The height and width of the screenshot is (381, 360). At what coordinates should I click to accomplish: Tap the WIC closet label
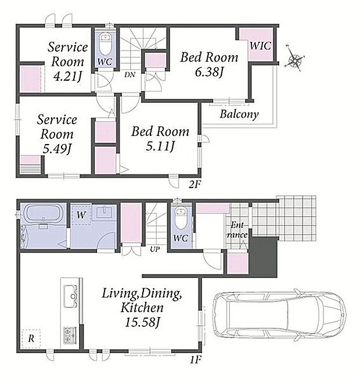(260, 46)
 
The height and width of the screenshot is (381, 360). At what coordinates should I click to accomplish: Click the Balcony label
(239, 114)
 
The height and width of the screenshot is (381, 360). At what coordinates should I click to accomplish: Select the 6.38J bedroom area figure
(209, 72)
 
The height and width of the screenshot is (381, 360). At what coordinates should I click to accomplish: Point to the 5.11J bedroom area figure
(160, 146)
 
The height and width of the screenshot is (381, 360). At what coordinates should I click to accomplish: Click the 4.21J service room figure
(67, 77)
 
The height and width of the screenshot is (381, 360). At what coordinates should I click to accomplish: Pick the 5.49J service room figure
(56, 149)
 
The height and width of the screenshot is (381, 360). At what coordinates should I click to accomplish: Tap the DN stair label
(129, 75)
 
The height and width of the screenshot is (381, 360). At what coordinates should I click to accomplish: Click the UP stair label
(154, 249)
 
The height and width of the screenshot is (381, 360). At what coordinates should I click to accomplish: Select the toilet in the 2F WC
(105, 45)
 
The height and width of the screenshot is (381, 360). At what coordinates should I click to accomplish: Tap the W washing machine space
(81, 215)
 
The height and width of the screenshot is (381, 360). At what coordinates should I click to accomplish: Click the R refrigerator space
(31, 339)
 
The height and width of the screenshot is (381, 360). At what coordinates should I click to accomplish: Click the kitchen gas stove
(70, 335)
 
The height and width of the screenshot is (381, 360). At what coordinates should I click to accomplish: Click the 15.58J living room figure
(142, 323)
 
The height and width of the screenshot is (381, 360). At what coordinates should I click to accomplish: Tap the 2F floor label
(195, 185)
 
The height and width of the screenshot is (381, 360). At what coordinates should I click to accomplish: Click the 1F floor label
(195, 360)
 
